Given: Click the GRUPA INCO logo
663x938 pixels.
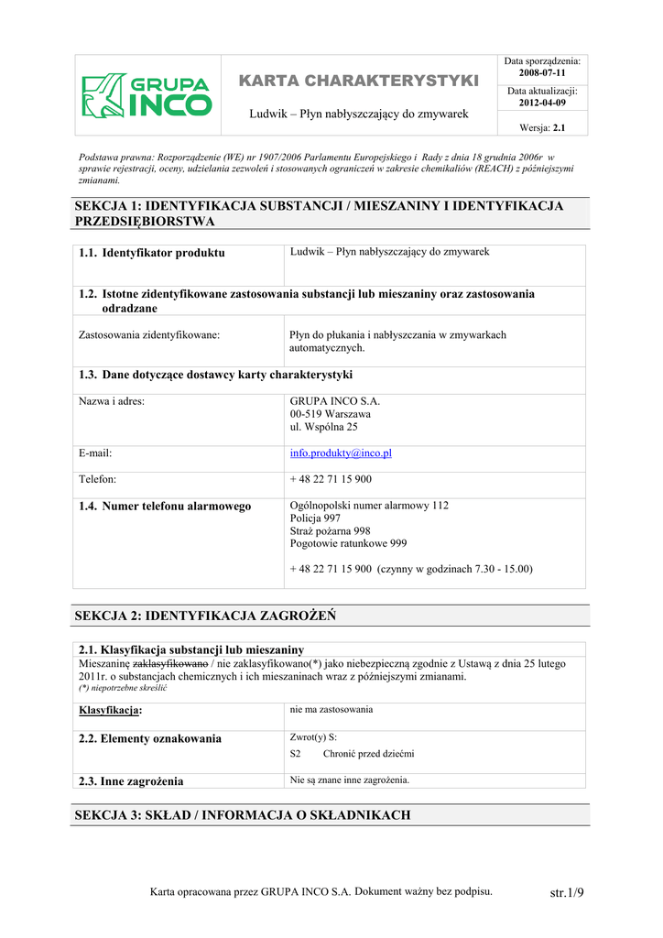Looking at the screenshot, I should coord(147,95).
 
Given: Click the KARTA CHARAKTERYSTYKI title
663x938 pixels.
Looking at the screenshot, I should coord(359,82).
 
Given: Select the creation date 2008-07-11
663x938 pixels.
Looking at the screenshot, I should coord(542,72).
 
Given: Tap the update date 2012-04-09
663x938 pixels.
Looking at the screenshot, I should coord(542,103).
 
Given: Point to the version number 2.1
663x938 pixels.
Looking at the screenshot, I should coord(559,128).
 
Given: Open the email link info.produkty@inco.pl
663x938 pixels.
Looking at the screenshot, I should coord(341,453).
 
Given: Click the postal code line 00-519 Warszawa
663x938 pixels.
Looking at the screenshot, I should coord(330,414).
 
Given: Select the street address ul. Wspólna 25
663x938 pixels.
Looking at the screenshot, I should coord(323,427).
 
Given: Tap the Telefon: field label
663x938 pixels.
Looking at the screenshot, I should coord(97,479).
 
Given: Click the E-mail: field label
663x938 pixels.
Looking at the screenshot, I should coord(95,453).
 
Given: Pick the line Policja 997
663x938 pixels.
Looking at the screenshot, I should coord(315,518).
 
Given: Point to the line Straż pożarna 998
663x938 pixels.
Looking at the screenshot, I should coord(330,531).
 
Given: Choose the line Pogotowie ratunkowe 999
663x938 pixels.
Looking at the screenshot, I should coord(348,543).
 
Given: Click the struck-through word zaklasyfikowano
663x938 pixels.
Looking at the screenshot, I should coord(170,663).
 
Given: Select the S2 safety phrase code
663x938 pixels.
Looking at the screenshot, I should coord(295,754).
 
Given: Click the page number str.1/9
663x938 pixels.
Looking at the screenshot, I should coord(566,892).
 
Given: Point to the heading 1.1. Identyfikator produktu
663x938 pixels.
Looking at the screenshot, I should coord(152,253).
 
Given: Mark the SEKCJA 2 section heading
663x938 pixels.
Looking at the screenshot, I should coord(204,616).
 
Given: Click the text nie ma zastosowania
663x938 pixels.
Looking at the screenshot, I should coord(331,709).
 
